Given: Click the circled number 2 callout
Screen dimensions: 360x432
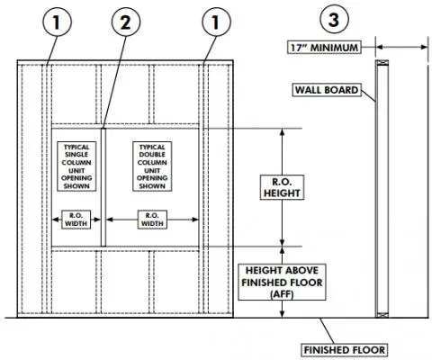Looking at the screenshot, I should point(125,23).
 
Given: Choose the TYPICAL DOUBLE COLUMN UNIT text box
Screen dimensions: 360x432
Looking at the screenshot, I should point(150,166).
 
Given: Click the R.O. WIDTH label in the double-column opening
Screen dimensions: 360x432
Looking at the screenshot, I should point(150,220).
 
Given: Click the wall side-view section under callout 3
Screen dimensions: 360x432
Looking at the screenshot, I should point(380,189).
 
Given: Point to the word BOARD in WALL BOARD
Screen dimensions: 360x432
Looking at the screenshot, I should point(343,90).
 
